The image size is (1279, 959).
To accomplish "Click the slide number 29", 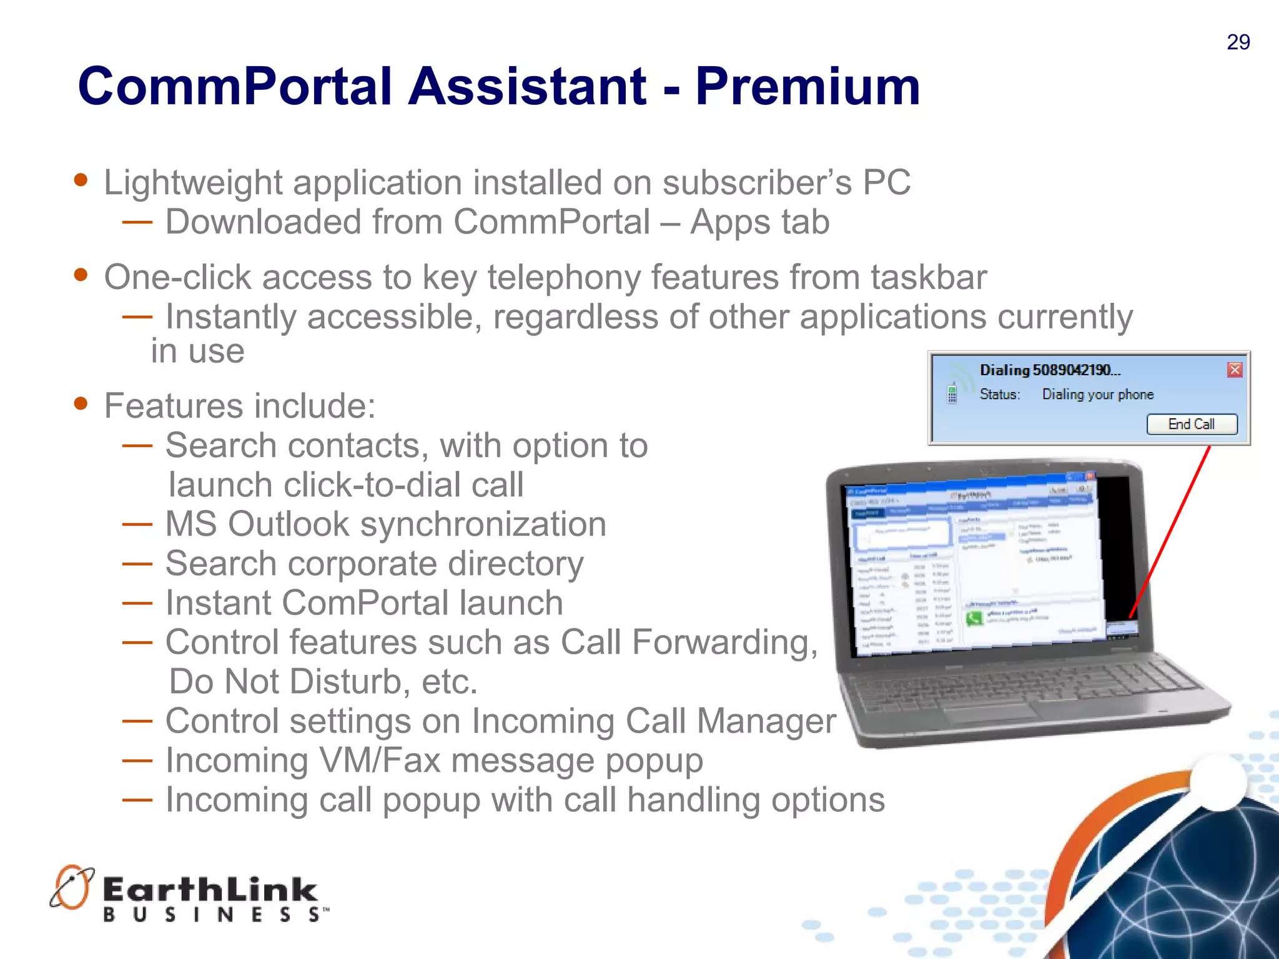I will pyautogui.click(x=1238, y=42).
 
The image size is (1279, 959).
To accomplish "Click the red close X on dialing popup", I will pyautogui.click(x=1235, y=370).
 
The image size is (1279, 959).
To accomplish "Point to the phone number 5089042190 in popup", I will pyautogui.click(x=1072, y=370).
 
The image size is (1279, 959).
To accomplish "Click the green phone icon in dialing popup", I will pyautogui.click(x=952, y=393).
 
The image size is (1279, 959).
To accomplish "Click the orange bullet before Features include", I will pyautogui.click(x=81, y=403).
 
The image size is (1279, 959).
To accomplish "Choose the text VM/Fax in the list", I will pyautogui.click(x=379, y=761).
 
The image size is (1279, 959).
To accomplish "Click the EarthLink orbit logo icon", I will pyautogui.click(x=71, y=887).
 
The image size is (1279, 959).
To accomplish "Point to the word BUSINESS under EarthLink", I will pyautogui.click(x=212, y=915).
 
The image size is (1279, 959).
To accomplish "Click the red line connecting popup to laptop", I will pyautogui.click(x=1171, y=531).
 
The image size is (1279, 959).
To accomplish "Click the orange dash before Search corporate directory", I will pyautogui.click(x=137, y=564).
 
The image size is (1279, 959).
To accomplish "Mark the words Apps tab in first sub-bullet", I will pyautogui.click(x=759, y=222).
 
